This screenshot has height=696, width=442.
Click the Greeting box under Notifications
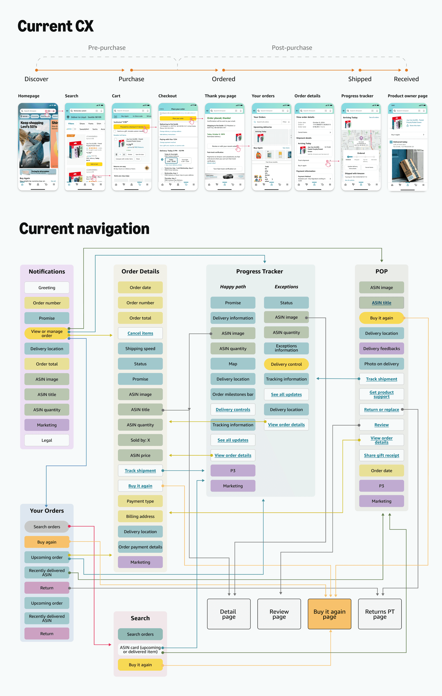tap(47, 287)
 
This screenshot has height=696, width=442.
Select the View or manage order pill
tap(47, 333)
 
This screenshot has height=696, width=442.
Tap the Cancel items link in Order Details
tap(140, 333)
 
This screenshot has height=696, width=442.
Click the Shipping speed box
tap(140, 349)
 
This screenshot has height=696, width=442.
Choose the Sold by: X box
tap(140, 440)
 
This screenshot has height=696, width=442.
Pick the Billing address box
tap(140, 517)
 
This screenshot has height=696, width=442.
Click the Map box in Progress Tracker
tap(233, 364)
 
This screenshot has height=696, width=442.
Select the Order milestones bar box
tap(233, 394)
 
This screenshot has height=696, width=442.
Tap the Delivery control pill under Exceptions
tap(286, 364)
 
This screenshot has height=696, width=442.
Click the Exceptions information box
tap(286, 348)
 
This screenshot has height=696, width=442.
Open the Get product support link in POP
tap(381, 394)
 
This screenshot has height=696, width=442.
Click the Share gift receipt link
tap(381, 455)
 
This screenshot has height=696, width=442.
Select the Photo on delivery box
tap(381, 364)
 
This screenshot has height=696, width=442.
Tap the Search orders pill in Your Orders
tap(47, 527)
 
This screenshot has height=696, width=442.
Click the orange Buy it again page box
tap(330, 614)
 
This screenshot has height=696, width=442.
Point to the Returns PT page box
tap(380, 614)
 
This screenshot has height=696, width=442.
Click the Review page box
tap(279, 614)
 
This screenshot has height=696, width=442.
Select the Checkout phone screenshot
tap(178, 147)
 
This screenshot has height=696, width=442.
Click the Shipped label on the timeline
tap(359, 79)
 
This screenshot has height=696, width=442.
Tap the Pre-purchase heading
tap(107, 48)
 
